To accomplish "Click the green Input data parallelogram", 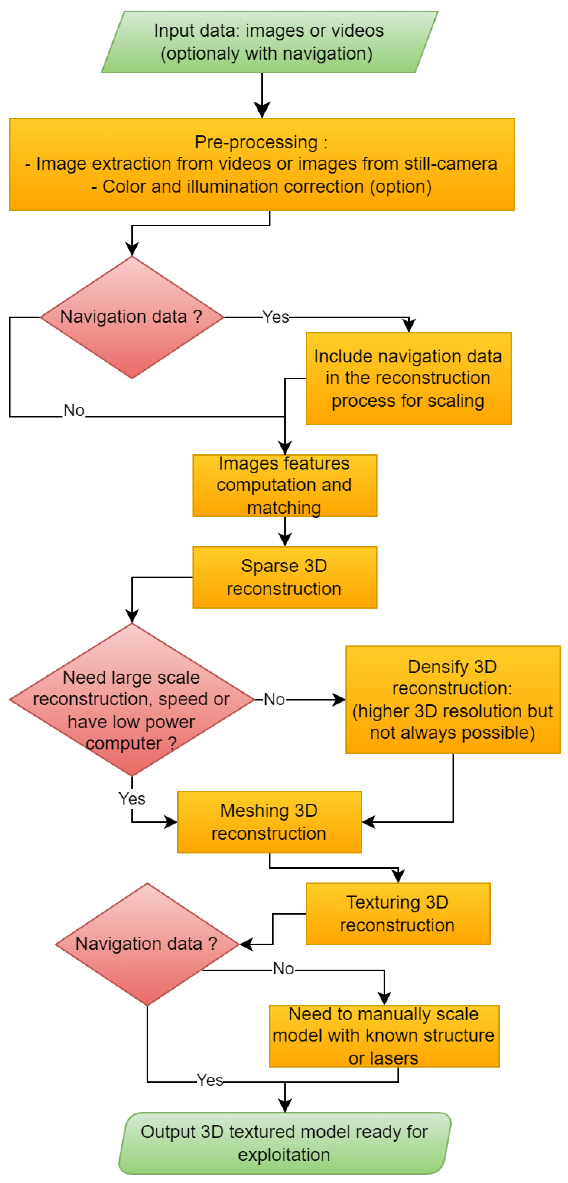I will pos(269,42).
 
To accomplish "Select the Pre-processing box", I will pos(262,164).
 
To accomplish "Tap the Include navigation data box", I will pos(408,378).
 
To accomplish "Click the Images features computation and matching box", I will pos(285,485).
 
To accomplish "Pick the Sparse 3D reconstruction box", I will pos(285,577).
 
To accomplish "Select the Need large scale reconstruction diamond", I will pos(132,699).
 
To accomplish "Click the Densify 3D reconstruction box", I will pos(453,699).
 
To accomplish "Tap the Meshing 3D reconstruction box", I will pos(270,822).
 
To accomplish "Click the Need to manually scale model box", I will pos(384,1036).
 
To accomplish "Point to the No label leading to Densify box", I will pos(274,699).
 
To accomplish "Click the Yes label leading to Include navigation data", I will pos(276,317).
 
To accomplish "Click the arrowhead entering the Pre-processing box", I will pos(262,111).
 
